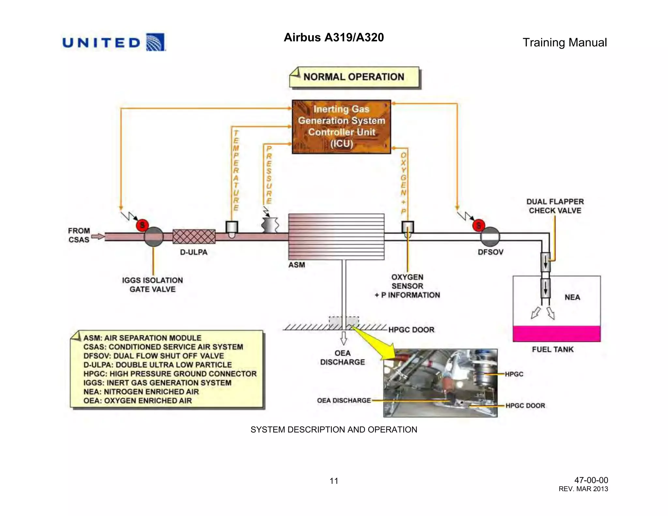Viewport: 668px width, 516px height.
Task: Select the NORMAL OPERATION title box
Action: click(354, 77)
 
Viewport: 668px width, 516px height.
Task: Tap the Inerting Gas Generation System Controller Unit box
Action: click(341, 127)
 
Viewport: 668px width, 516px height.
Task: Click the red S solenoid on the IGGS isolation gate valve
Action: click(142, 225)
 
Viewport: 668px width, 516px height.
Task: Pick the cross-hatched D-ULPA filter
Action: click(194, 236)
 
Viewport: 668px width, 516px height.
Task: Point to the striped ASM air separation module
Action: click(336, 236)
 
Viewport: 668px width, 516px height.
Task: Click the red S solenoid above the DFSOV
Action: click(478, 225)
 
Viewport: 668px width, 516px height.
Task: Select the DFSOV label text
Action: click(490, 252)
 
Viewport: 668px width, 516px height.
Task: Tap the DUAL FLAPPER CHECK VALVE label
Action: click(555, 206)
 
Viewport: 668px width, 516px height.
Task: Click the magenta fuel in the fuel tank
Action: click(556, 333)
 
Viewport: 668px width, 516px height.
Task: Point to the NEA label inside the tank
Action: click(572, 297)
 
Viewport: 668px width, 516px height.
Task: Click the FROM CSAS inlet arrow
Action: click(98, 236)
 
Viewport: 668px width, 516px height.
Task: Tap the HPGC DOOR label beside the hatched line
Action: click(411, 330)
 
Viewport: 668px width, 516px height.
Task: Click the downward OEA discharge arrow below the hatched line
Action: click(343, 338)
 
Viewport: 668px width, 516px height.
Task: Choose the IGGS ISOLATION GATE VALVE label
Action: click(152, 285)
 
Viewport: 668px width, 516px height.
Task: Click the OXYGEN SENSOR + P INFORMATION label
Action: click(407, 286)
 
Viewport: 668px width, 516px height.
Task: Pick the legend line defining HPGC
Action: click(170, 374)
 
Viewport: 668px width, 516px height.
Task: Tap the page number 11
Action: click(334, 481)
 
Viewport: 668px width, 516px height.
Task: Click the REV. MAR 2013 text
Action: click(583, 489)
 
